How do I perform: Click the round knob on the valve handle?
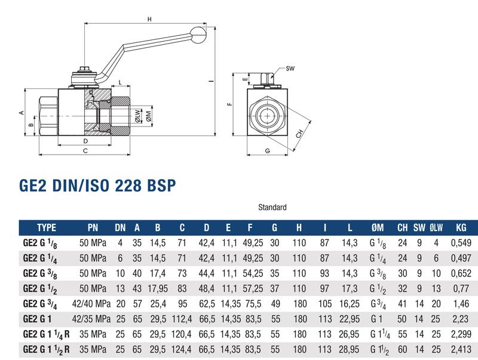198,35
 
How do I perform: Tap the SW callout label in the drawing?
290,69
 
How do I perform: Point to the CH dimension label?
299,133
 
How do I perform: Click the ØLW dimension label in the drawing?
138,116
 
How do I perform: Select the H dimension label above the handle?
149,19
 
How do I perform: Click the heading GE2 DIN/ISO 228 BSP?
97,185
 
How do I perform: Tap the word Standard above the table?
272,207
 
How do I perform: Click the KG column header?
461,227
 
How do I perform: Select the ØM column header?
378,227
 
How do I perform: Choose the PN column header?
93,227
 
